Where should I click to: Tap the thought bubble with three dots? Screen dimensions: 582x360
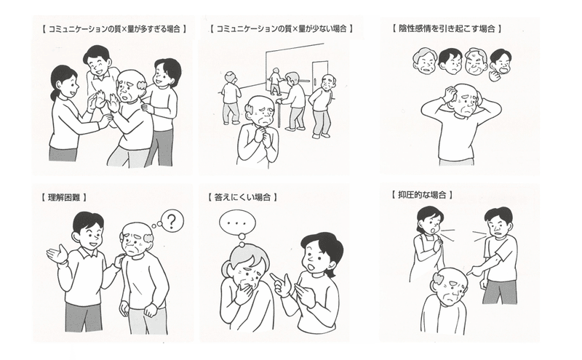tap(238, 223)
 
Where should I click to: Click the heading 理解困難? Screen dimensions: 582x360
tap(64, 197)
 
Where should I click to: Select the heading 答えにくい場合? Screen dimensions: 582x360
tap(242, 196)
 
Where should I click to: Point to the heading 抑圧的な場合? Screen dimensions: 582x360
tap(422, 194)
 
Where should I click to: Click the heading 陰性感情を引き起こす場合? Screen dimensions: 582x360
tap(447, 28)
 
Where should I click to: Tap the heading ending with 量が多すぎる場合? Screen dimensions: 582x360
tap(114, 28)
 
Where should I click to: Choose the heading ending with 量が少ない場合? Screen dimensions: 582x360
tap(281, 28)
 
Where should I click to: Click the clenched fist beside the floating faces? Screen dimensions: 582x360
tap(495, 77)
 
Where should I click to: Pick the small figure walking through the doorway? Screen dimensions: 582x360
tap(275, 81)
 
